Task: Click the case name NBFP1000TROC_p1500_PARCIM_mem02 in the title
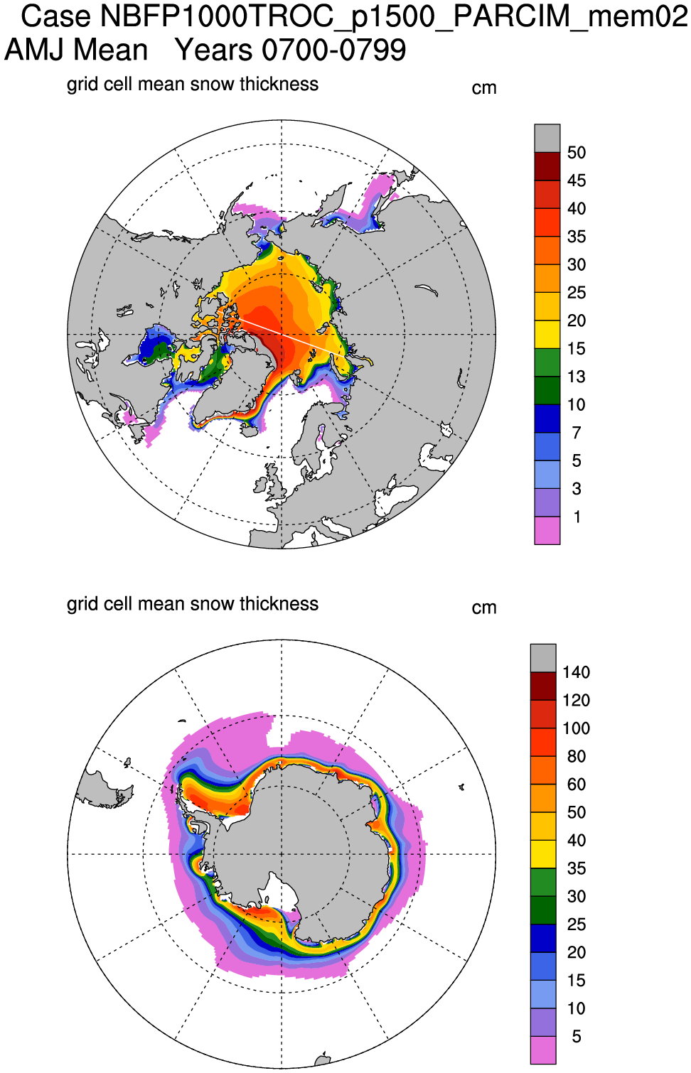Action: click(395, 16)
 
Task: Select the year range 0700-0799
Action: click(333, 50)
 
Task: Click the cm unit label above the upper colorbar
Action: click(483, 88)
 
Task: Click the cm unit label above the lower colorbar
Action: click(483, 608)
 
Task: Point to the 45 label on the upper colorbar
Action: click(577, 180)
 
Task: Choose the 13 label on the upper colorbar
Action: click(577, 377)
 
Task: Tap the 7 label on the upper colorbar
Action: click(577, 433)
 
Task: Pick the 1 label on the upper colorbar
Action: click(577, 517)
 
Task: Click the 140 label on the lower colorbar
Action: click(576, 672)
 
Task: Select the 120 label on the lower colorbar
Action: click(576, 701)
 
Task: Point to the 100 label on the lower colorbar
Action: click(576, 728)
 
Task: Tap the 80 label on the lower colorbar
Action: click(577, 756)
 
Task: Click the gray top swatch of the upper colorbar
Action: click(547, 138)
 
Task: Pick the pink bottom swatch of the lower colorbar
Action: click(543, 1050)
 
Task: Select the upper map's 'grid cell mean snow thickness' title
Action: click(192, 85)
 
